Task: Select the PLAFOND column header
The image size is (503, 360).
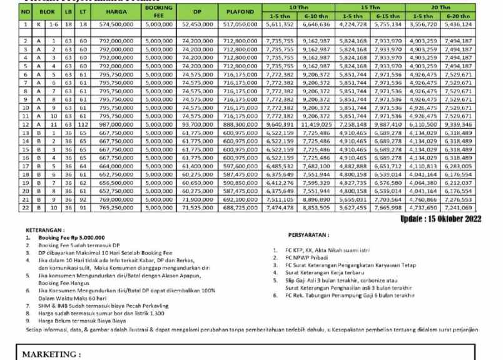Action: point(236,11)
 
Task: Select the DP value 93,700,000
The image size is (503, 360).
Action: point(193,125)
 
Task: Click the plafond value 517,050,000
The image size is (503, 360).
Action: point(236,24)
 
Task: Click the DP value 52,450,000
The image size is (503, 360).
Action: point(193,24)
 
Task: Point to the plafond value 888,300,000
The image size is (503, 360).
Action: point(236,125)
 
